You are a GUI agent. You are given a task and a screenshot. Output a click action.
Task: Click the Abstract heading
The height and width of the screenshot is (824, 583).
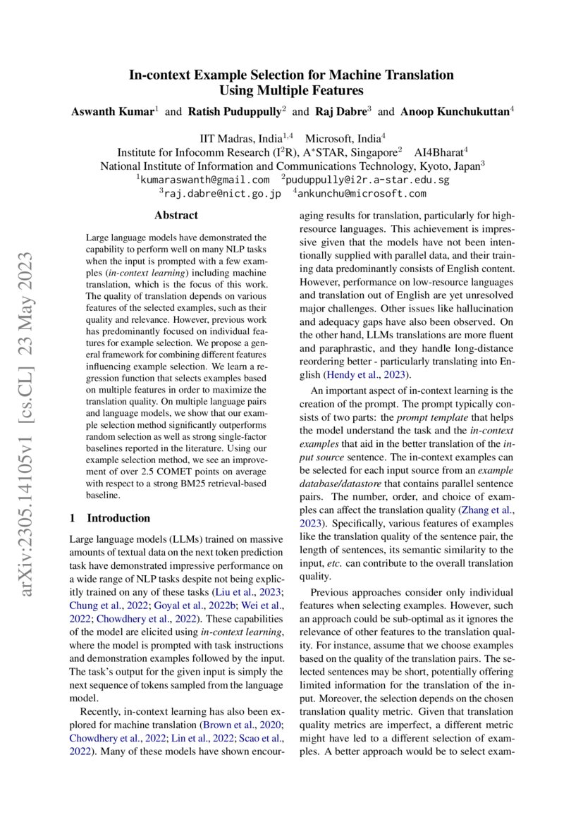click(176, 215)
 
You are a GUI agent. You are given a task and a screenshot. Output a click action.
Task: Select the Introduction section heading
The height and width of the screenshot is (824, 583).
click(118, 518)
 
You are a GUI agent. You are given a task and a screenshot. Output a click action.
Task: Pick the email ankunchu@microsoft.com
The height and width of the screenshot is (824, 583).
click(363, 193)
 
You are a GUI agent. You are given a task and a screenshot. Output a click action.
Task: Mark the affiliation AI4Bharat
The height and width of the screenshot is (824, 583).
click(435, 152)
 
